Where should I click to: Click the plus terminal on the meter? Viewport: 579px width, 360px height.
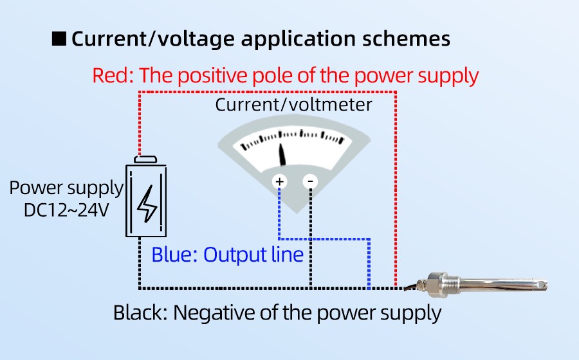[x=280, y=182]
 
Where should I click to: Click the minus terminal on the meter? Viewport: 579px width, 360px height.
[x=311, y=182]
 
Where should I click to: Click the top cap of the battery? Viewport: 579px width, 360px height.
[x=147, y=159]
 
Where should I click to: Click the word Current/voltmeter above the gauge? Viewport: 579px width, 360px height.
[x=293, y=105]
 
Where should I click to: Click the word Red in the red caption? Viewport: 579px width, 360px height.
[x=111, y=76]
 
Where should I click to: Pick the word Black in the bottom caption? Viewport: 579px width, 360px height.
[x=139, y=313]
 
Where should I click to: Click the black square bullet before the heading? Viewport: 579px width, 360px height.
[x=59, y=39]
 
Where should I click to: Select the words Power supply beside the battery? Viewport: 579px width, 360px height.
[x=66, y=188]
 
